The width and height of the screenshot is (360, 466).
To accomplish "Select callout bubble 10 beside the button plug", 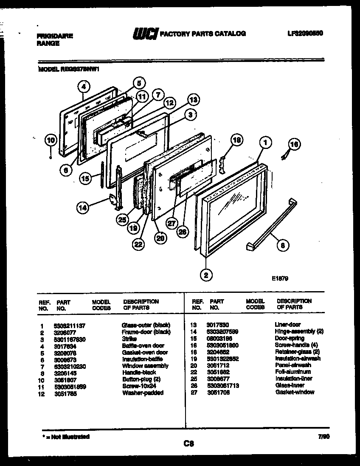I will [51, 140].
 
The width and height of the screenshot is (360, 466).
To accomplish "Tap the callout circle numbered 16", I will [294, 145].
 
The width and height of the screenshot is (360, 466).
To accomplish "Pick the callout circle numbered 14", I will [83, 208].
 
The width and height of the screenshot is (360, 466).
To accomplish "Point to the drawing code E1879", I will [280, 279].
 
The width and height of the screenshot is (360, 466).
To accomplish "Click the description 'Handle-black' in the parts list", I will [139, 372].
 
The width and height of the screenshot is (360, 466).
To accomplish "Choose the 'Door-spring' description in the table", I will [290, 338].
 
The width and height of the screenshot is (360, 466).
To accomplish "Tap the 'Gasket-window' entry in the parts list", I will [295, 392].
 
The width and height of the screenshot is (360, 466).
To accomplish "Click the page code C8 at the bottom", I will [188, 444].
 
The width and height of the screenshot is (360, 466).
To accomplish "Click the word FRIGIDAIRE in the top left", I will [55, 36].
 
